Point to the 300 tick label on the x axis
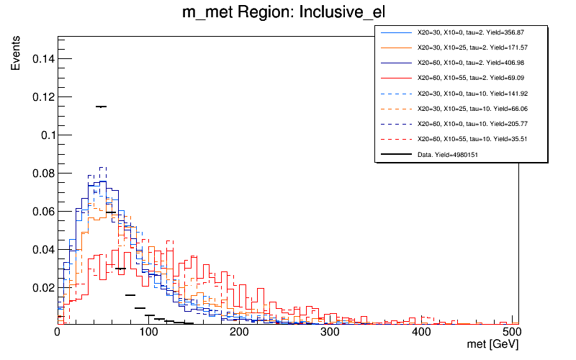[330, 333]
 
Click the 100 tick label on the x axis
[148, 333]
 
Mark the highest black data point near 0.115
[101, 107]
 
